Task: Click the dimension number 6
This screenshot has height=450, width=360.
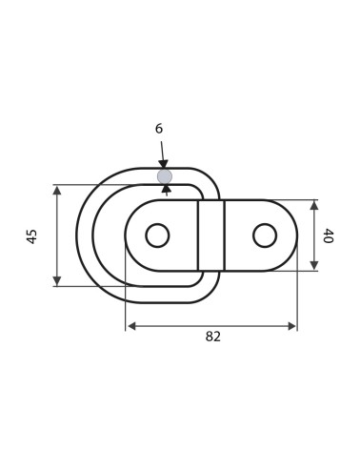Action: pyautogui.click(x=159, y=129)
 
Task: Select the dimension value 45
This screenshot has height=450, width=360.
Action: pyautogui.click(x=32, y=235)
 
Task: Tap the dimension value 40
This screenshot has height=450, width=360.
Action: pyautogui.click(x=329, y=235)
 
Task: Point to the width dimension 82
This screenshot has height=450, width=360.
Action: pyautogui.click(x=212, y=337)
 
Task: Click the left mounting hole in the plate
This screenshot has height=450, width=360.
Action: pyautogui.click(x=157, y=235)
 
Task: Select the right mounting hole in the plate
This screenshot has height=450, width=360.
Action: pyautogui.click(x=265, y=235)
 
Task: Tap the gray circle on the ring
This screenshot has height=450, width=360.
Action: pyautogui.click(x=165, y=176)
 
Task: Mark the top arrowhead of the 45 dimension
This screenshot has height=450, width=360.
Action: pyautogui.click(x=57, y=191)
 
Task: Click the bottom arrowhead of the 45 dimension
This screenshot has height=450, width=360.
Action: pyautogui.click(x=57, y=280)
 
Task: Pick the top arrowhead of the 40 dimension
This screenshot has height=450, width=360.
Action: pyautogui.click(x=314, y=205)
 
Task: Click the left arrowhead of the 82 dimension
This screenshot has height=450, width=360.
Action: pyautogui.click(x=131, y=326)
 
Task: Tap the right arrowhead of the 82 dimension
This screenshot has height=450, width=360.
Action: pyautogui.click(x=291, y=326)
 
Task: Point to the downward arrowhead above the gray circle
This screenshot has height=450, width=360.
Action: pyautogui.click(x=163, y=165)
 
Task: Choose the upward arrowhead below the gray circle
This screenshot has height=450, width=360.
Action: pyautogui.click(x=167, y=189)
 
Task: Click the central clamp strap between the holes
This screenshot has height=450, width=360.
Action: pyautogui.click(x=211, y=235)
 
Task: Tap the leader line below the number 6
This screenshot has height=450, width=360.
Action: pyautogui.click(x=162, y=150)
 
